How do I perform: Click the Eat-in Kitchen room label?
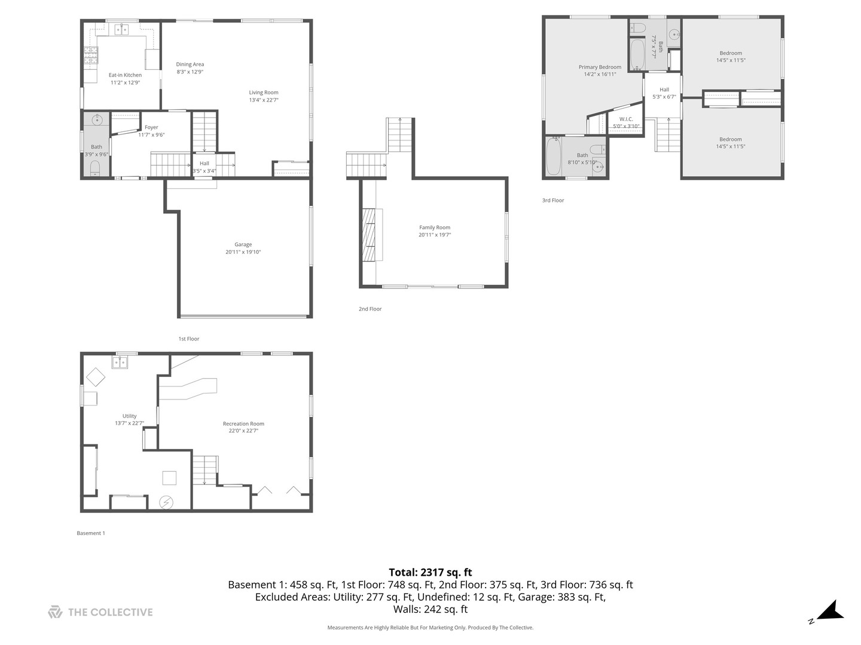click(x=125, y=75)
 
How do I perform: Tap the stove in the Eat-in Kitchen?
click(x=90, y=56)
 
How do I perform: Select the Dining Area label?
click(x=190, y=64)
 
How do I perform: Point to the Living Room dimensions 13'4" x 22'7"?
click(x=264, y=100)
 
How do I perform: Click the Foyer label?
click(x=151, y=127)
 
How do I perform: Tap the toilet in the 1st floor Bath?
click(x=95, y=170)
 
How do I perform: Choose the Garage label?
click(x=243, y=244)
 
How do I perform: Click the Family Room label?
click(x=435, y=228)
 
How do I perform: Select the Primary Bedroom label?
click(x=600, y=67)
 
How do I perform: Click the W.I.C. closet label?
click(x=626, y=119)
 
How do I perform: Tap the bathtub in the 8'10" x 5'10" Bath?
click(x=554, y=156)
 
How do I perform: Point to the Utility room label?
click(x=129, y=416)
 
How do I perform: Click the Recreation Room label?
click(x=243, y=423)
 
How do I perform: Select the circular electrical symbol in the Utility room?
click(x=166, y=502)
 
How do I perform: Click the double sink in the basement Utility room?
click(x=120, y=363)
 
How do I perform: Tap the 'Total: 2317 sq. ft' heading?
click(x=430, y=572)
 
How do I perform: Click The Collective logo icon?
click(x=55, y=612)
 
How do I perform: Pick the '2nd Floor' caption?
click(x=370, y=309)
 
